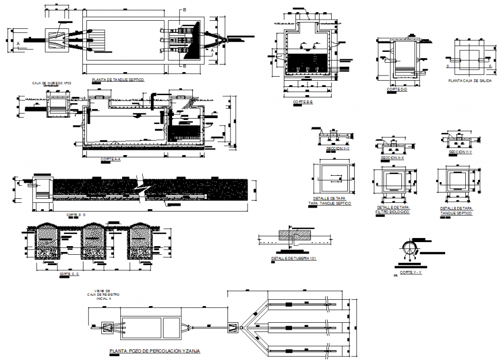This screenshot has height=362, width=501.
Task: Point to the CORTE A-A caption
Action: (110, 159)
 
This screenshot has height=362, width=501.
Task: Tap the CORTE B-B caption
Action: (302, 102)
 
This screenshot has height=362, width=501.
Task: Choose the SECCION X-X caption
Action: (392, 158)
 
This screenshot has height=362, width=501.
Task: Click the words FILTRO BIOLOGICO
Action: (392, 212)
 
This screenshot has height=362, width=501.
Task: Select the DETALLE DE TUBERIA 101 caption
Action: (294, 259)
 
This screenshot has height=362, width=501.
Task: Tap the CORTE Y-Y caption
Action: (411, 271)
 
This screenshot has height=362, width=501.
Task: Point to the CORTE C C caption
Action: (69, 274)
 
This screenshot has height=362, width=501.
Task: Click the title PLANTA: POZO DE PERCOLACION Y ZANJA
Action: (154, 350)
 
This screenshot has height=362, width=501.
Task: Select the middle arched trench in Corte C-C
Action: (94, 240)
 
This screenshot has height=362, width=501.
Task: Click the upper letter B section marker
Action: (184, 10)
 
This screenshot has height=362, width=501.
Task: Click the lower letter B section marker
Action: (184, 67)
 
